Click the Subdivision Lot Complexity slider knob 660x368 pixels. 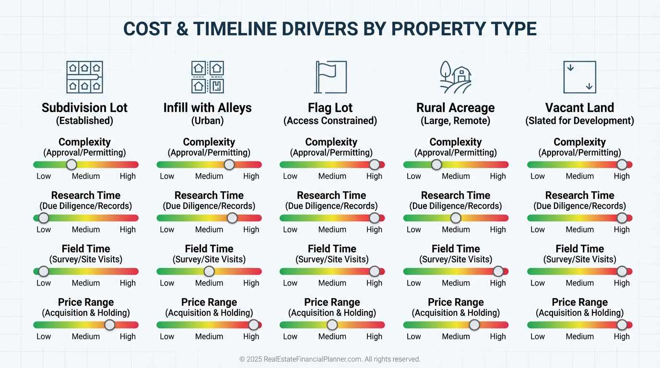click(x=71, y=165)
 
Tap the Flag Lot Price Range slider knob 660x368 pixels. click(x=332, y=325)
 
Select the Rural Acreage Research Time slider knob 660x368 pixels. click(x=456, y=218)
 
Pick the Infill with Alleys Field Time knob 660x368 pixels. click(x=209, y=271)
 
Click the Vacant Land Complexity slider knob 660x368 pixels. click(x=622, y=165)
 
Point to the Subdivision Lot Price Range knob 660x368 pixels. click(x=110, y=325)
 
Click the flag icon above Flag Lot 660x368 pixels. click(x=330, y=77)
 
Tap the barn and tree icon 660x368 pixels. click(x=455, y=77)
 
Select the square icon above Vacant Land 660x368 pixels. click(x=579, y=77)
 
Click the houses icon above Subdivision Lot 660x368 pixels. click(x=84, y=77)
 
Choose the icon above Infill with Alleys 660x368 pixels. click(x=208, y=77)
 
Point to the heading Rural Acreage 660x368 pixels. click(x=455, y=108)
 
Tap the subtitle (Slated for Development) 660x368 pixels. click(x=579, y=121)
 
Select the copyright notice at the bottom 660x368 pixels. click(x=330, y=359)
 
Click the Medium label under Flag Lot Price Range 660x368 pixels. click(x=332, y=336)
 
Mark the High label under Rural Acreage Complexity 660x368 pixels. click(x=498, y=176)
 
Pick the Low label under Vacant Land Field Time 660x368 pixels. click(x=537, y=283)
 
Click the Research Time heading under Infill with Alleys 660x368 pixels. click(x=209, y=195)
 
